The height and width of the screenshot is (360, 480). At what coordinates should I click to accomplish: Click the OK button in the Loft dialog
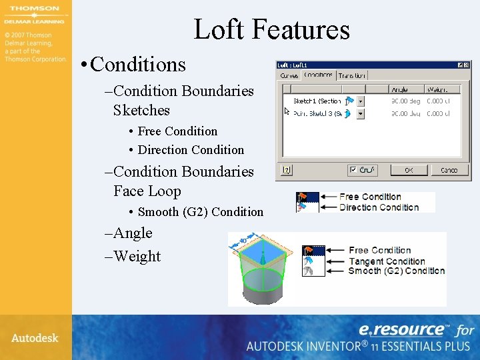coord(409,170)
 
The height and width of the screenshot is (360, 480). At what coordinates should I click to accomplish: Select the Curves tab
coord(289,75)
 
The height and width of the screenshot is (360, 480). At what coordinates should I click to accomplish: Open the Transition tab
coord(352,75)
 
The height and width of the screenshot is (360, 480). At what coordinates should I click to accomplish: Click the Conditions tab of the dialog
coord(318,75)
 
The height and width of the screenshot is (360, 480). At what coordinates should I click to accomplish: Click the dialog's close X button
coord(467,65)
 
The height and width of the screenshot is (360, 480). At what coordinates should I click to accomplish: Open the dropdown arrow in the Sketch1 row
coord(361,101)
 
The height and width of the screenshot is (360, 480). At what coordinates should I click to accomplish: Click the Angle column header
coord(400,89)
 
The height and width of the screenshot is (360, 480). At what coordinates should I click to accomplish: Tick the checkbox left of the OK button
coord(353,170)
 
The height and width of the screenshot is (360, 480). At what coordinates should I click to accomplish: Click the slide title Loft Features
coord(271,29)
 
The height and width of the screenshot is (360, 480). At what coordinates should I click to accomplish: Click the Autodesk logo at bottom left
coord(35,338)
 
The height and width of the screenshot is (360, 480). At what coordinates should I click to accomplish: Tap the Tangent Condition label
coord(387,261)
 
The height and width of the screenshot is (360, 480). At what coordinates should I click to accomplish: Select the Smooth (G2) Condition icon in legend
coord(308,271)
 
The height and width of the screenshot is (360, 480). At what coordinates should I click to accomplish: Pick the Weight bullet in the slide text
coord(137,257)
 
